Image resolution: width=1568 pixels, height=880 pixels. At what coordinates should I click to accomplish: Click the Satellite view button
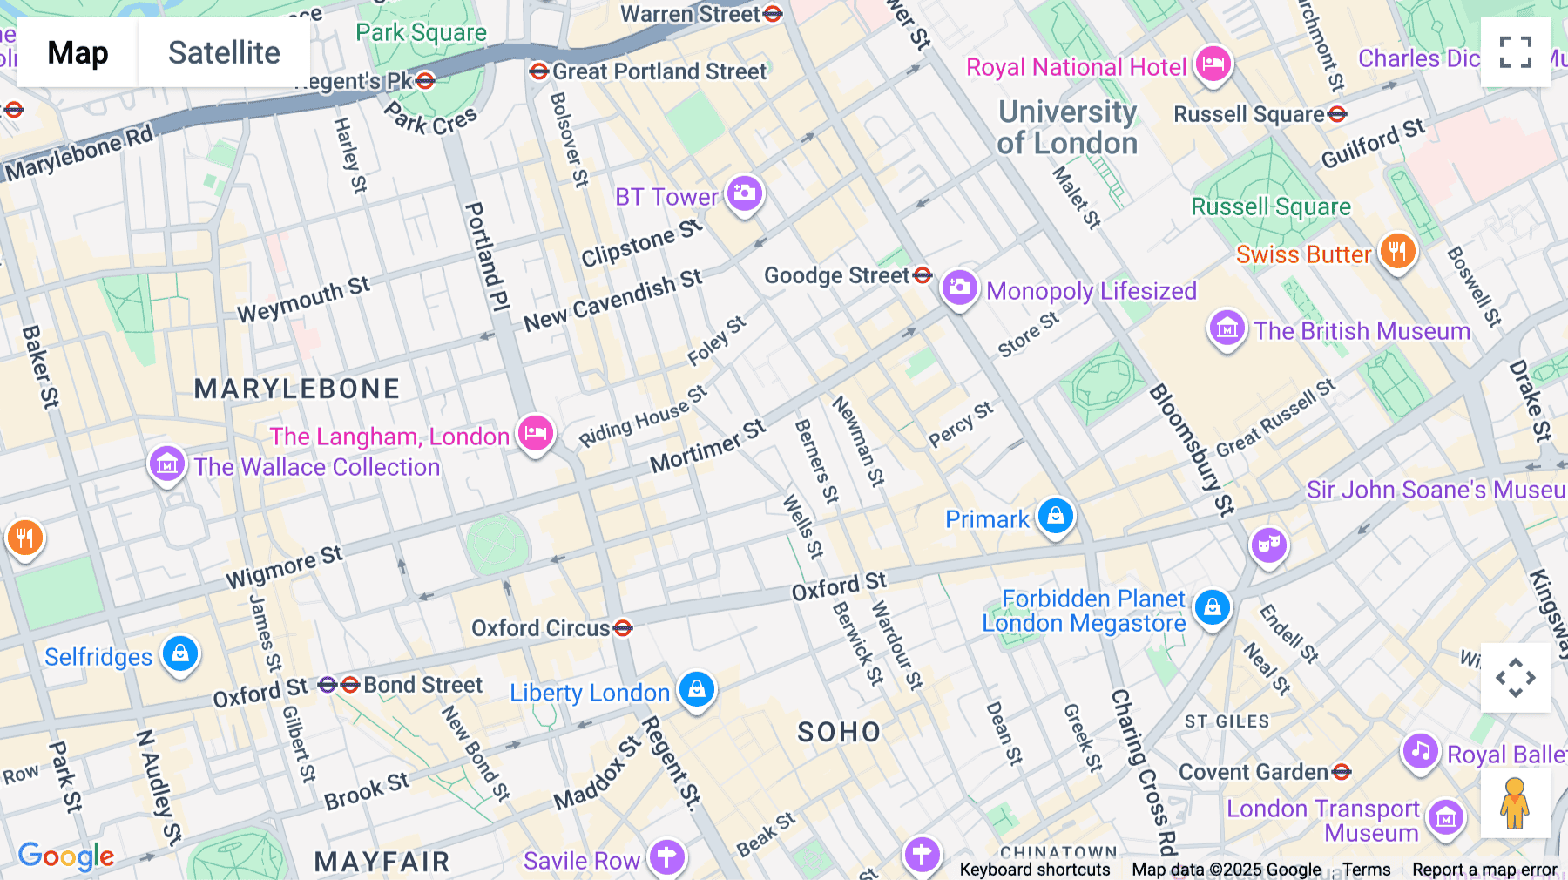[224, 52]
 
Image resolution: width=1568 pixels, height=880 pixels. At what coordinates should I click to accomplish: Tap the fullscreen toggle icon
[1515, 52]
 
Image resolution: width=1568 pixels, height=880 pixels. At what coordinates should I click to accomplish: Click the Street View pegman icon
[1515, 803]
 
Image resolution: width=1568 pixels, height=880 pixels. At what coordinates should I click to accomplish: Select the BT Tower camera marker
[744, 193]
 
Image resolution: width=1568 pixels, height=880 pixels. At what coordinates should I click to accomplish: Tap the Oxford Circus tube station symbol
[622, 628]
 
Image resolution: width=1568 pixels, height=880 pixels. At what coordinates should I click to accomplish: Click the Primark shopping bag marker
[1055, 516]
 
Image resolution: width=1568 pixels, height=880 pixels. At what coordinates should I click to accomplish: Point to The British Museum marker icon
[1227, 329]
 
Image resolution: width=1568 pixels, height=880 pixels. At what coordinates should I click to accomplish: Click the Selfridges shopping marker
[180, 653]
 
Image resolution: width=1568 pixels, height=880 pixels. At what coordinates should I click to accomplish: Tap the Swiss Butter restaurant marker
[1397, 252]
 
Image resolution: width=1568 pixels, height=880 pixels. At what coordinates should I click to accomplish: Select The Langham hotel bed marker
[536, 433]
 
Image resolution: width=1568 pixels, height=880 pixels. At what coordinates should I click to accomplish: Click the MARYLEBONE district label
[296, 389]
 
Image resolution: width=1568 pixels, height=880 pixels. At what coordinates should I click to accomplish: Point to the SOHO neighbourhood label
[839, 732]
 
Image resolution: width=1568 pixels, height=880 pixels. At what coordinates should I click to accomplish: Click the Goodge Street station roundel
[923, 275]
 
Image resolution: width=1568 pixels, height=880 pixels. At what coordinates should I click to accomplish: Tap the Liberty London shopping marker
[696, 690]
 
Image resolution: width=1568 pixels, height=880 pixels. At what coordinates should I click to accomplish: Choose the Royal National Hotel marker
[1213, 64]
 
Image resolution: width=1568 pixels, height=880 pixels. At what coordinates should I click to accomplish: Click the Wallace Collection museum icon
[166, 464]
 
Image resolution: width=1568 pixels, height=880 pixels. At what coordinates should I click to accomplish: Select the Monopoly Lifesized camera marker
[959, 288]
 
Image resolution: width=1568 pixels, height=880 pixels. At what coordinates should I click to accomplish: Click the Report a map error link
[1484, 870]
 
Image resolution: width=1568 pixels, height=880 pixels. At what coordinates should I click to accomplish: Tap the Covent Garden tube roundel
[1341, 772]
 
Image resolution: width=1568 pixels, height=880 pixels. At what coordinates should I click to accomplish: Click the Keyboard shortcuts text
[1034, 870]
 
